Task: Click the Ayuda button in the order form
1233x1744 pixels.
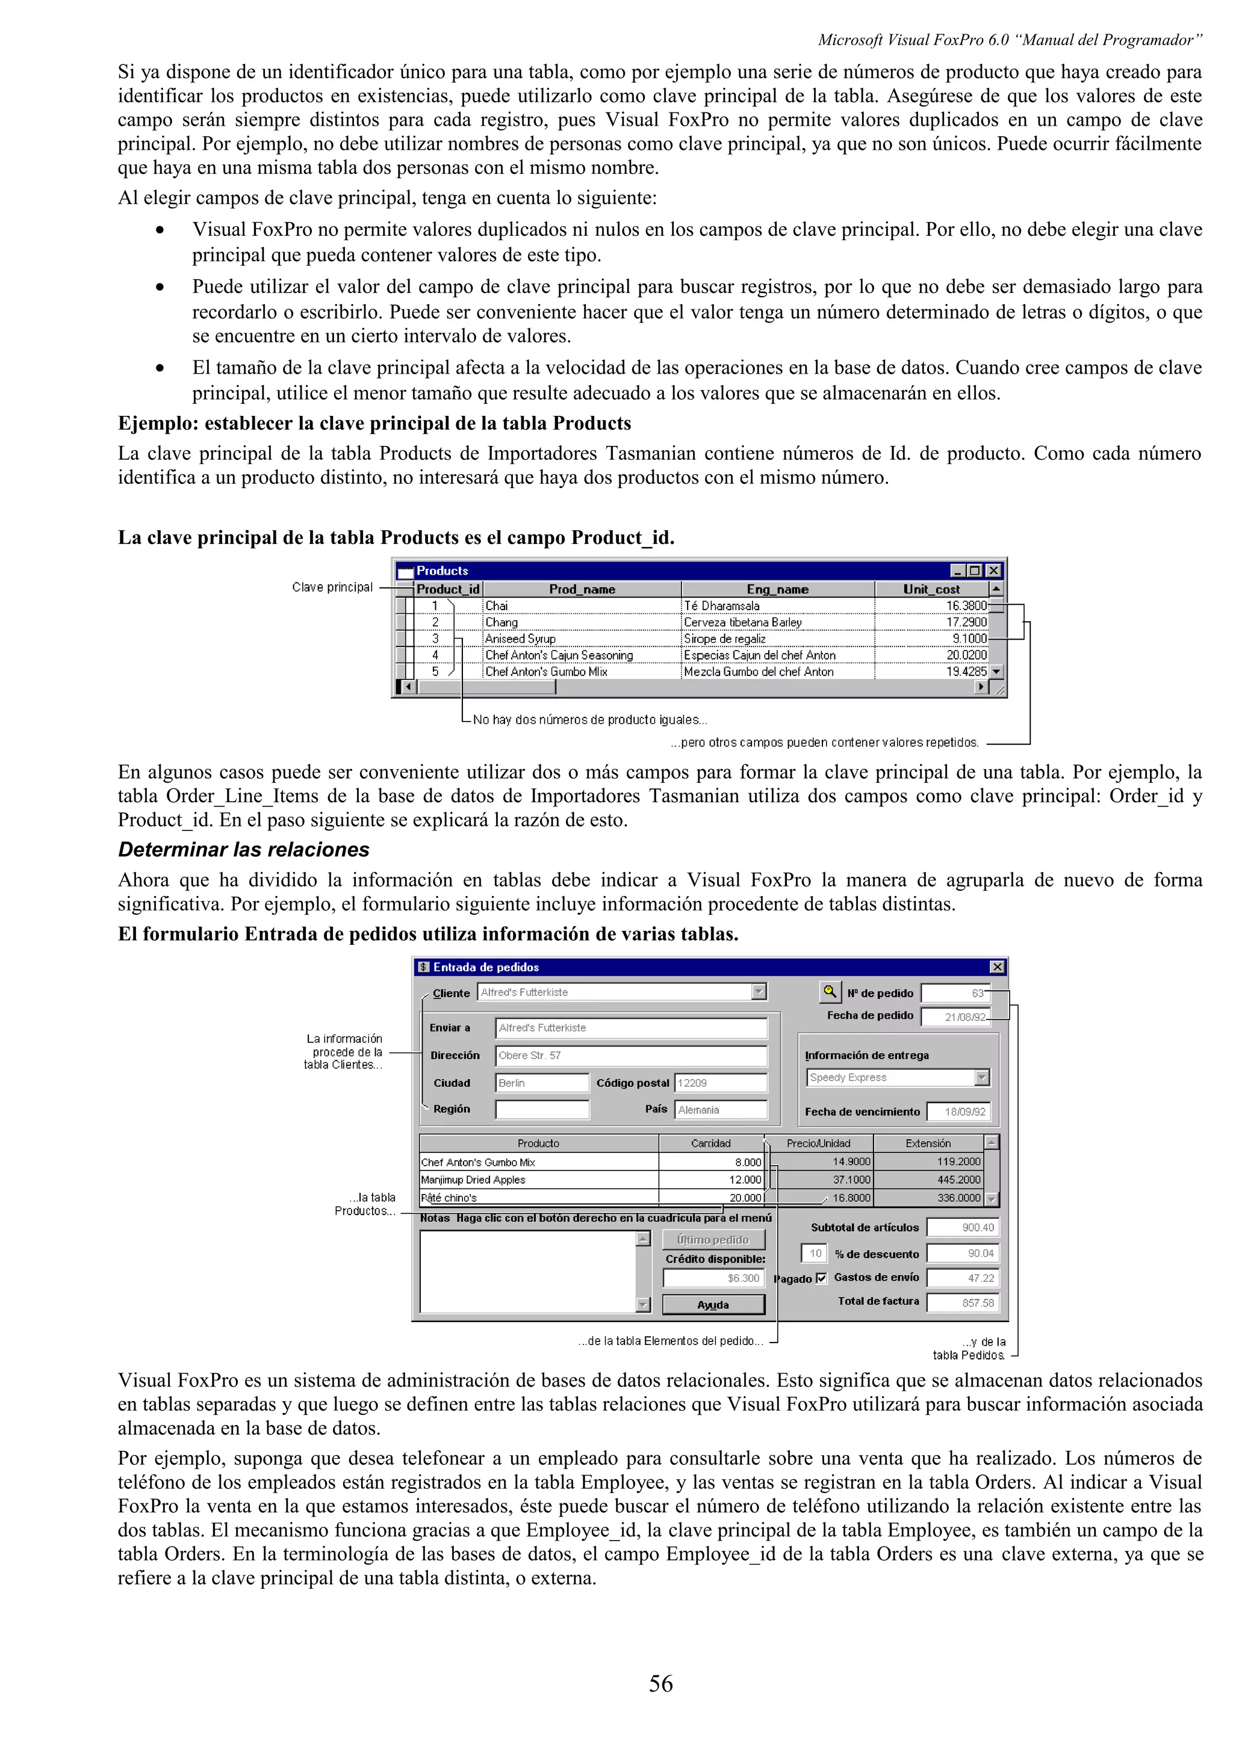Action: (x=713, y=1305)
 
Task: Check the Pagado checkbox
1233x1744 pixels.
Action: (x=821, y=1278)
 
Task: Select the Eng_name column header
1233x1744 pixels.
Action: (x=777, y=589)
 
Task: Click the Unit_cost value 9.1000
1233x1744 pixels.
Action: (x=969, y=639)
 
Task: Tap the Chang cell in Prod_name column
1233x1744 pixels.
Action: (x=502, y=622)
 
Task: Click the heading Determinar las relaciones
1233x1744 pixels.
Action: (x=243, y=849)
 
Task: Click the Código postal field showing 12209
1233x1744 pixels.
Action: (x=720, y=1083)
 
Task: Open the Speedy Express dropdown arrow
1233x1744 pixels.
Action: (x=981, y=1077)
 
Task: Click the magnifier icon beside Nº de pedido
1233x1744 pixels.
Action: (x=830, y=992)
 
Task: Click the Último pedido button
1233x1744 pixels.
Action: (x=713, y=1240)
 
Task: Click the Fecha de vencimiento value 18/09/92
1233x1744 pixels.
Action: (x=958, y=1112)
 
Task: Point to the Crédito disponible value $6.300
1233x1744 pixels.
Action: (x=713, y=1278)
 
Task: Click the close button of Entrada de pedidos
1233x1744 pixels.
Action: (x=997, y=967)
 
